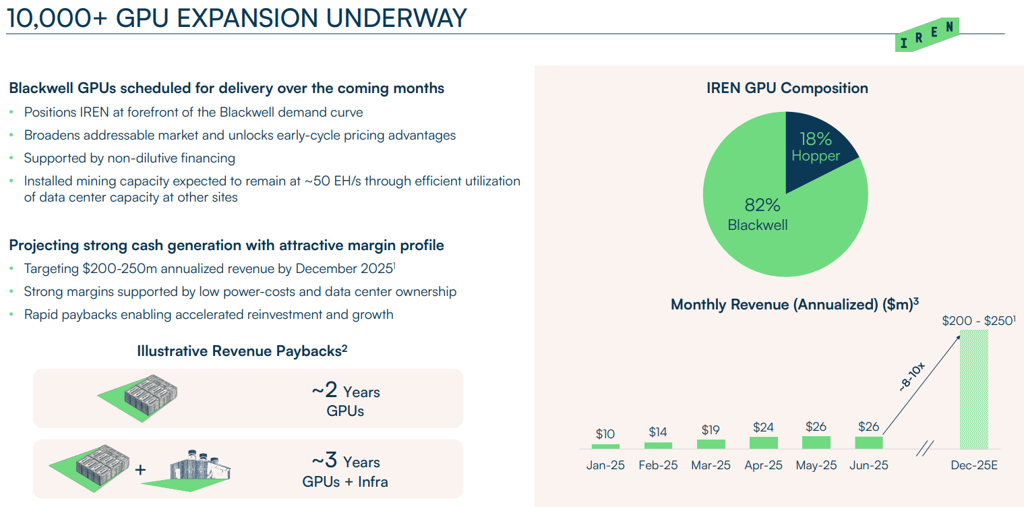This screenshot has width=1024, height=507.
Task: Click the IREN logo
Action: (x=927, y=35)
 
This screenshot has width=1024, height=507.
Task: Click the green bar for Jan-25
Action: (x=605, y=446)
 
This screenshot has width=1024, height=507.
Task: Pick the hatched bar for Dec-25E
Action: (x=973, y=389)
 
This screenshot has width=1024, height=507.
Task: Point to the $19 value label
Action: (x=711, y=429)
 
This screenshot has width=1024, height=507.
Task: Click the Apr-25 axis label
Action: (x=763, y=466)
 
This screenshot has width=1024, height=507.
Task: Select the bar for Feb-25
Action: (x=657, y=445)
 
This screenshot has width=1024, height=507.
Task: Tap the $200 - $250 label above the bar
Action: (x=978, y=321)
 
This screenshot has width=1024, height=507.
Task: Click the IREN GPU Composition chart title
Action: (x=787, y=88)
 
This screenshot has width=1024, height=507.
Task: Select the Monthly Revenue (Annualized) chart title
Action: (x=795, y=305)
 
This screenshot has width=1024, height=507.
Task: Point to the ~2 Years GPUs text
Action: (x=345, y=400)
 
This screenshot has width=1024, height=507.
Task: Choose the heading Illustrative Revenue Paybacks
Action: (x=242, y=351)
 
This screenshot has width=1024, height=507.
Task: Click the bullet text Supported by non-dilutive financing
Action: (x=129, y=158)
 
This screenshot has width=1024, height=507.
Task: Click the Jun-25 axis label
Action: (x=869, y=466)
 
